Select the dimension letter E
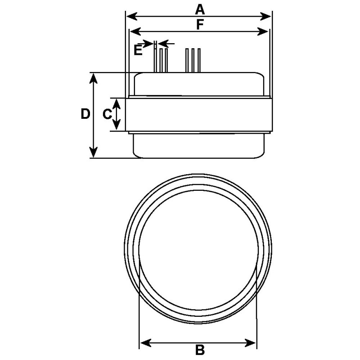[x=138, y=49]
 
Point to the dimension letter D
[x=85, y=114]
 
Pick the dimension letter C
[x=107, y=114]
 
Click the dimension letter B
[x=200, y=350]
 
